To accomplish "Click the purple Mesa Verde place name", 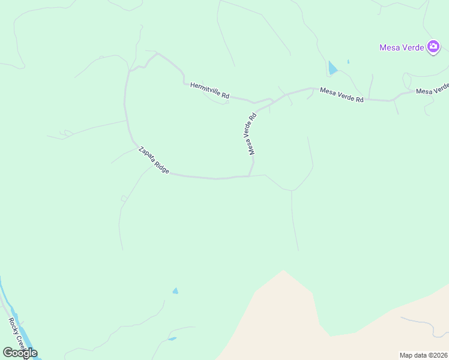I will pyautogui.click(x=402, y=47).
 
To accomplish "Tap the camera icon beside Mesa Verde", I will pyautogui.click(x=433, y=47).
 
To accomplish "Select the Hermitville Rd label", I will pyautogui.click(x=210, y=91).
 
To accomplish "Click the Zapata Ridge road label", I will pyautogui.click(x=154, y=161).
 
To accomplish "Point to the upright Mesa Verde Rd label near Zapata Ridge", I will pyautogui.click(x=250, y=134).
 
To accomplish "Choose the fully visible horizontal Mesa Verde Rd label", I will pyautogui.click(x=342, y=95).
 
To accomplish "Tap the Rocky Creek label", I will pyautogui.click(x=15, y=333).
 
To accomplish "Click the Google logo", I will pyautogui.click(x=20, y=353).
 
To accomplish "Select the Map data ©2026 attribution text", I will pyautogui.click(x=424, y=355).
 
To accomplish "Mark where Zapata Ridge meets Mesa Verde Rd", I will pyautogui.click(x=249, y=176).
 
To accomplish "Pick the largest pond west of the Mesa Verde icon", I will pyautogui.click(x=332, y=68).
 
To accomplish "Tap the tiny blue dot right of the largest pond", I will pyautogui.click(x=348, y=61).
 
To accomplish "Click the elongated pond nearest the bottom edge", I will pyautogui.click(x=172, y=339).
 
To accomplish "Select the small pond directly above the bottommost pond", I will pyautogui.click(x=175, y=291).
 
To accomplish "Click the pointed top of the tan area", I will pyautogui.click(x=283, y=271).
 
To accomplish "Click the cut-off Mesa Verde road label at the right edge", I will pyautogui.click(x=433, y=89).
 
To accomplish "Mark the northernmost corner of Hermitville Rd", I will pyautogui.click(x=157, y=53).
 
